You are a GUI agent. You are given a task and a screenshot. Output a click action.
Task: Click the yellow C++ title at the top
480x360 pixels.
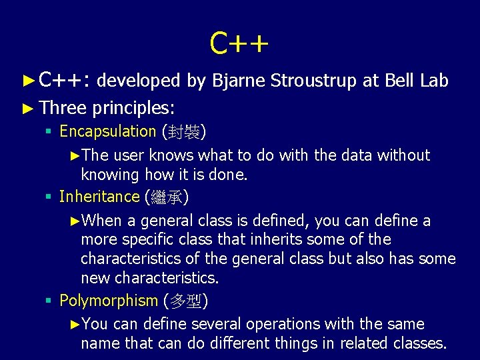point(239,43)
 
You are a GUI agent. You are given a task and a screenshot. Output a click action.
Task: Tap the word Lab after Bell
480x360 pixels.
point(434,81)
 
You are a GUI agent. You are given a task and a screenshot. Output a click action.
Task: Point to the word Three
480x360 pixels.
point(63,107)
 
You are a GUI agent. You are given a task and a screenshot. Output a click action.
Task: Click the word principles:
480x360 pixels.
point(134,107)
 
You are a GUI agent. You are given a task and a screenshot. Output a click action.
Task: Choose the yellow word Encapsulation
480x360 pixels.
point(107,131)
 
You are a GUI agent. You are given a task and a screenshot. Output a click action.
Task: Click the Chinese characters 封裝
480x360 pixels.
point(184,132)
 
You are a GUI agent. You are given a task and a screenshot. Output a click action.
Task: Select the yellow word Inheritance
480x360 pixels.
point(99,197)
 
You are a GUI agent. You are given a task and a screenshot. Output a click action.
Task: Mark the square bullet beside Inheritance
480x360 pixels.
point(49,197)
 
